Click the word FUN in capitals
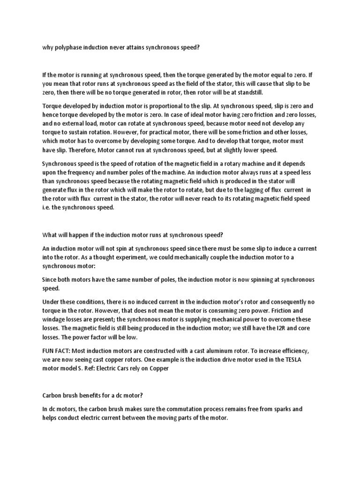49,351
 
